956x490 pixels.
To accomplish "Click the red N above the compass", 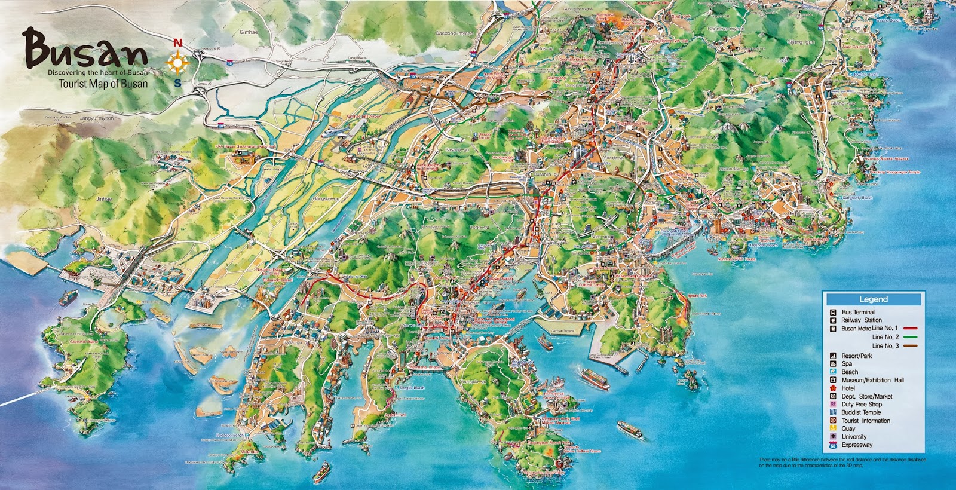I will point(177,43).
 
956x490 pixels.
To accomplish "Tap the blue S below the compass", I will point(177,83).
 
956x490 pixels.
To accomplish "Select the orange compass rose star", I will point(178,63).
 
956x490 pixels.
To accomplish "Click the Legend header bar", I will point(873,299).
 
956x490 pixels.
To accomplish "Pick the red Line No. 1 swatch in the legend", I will point(910,329).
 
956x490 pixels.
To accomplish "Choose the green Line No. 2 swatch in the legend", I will point(910,337).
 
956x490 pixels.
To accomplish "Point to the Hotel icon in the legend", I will point(832,388).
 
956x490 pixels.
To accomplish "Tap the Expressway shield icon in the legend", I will point(832,445).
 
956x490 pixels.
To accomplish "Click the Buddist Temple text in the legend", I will point(861,412).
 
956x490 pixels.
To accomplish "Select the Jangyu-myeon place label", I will point(96,118).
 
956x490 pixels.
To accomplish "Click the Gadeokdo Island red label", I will point(84,341).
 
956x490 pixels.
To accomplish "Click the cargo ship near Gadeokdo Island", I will point(68,297).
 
